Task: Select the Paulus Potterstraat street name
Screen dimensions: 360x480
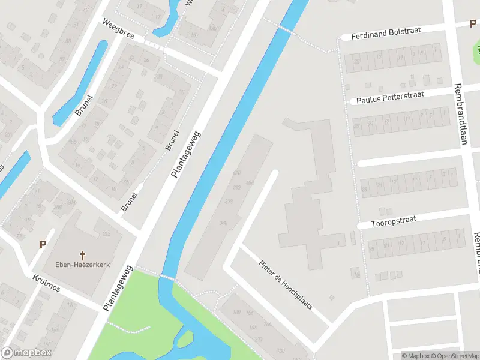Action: tap(390, 97)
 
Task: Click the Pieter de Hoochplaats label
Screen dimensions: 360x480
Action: tap(286, 284)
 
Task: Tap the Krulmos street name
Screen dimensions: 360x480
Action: tap(49, 281)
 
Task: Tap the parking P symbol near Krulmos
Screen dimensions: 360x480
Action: tap(43, 244)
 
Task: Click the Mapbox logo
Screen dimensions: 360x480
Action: tap(26, 352)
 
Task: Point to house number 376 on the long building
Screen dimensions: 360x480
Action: tap(229, 202)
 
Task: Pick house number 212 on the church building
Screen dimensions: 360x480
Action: tap(107, 233)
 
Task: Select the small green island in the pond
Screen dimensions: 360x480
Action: tap(185, 339)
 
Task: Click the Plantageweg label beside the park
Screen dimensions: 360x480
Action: tap(118, 288)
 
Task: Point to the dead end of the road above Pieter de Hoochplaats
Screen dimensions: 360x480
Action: tap(275, 173)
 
